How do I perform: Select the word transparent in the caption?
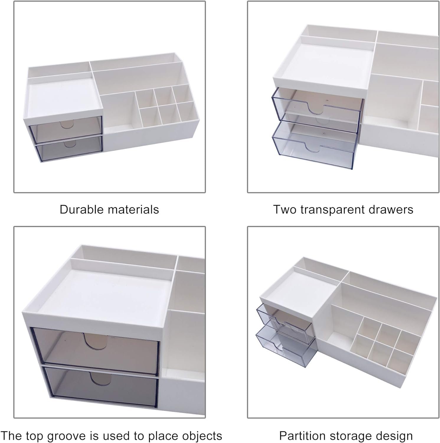tap(333, 210)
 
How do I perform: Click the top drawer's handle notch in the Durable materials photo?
tap(67, 124)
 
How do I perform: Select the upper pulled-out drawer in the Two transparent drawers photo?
tap(316, 110)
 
